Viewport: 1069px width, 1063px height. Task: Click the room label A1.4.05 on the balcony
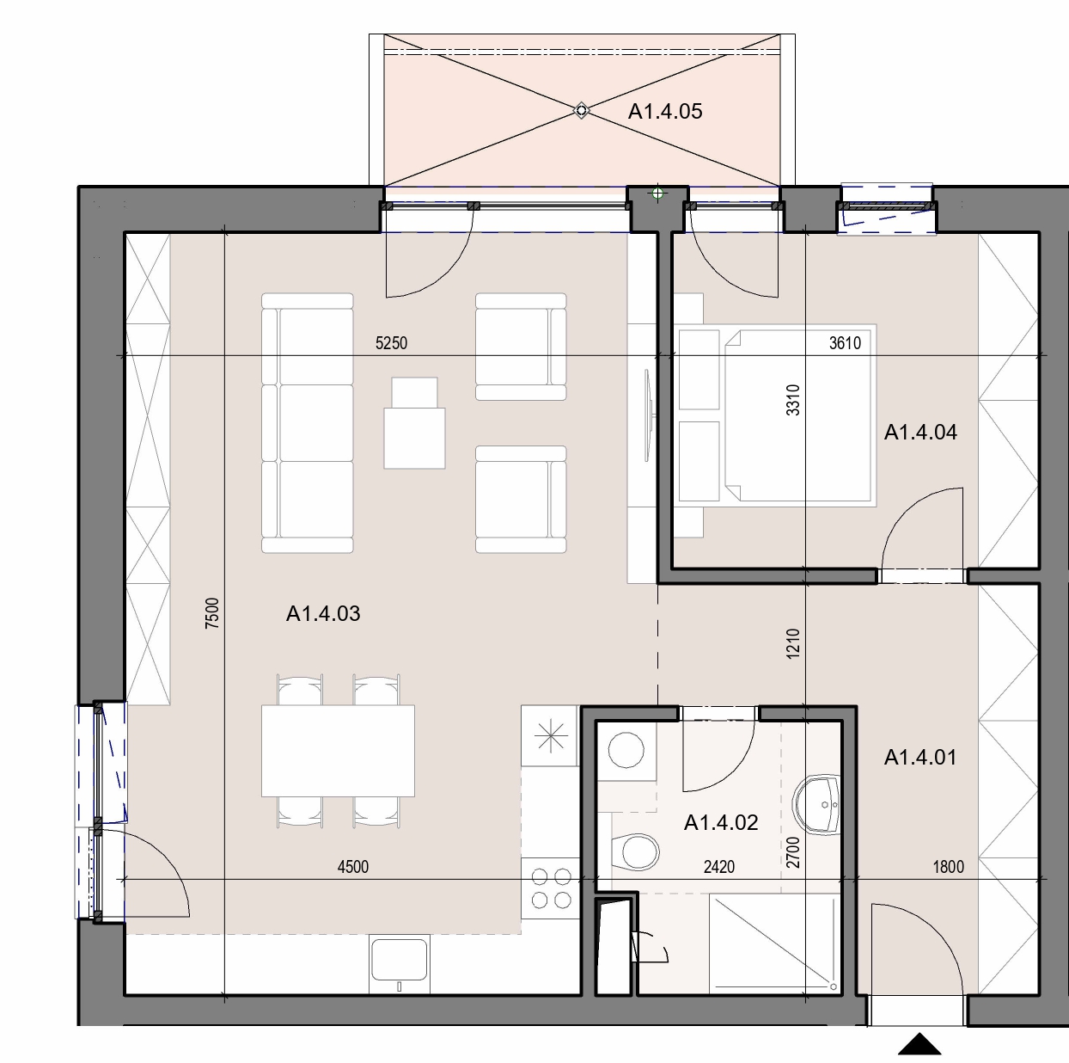664,112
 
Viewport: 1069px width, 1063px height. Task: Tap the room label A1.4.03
323,614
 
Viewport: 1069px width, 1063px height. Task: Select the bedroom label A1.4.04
920,432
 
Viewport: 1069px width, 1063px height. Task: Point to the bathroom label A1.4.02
721,822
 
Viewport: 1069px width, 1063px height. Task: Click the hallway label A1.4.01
920,758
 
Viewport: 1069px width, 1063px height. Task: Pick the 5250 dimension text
391,343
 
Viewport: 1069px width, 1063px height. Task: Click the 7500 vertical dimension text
212,613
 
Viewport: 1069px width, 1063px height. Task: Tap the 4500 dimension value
353,867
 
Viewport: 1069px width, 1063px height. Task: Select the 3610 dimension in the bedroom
845,343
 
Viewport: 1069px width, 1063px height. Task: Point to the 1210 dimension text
793,643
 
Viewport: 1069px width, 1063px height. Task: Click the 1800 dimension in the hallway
948,867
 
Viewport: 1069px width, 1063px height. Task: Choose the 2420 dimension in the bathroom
719,867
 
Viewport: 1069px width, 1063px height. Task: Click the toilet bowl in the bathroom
636,851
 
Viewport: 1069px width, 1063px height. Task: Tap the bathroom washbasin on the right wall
817,804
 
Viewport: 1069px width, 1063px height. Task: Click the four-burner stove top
551,888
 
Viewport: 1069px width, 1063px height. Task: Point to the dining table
338,751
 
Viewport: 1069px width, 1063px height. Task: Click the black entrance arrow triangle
919,1043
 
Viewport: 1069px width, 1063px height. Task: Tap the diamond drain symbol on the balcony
581,111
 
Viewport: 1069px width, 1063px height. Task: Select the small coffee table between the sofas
414,423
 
